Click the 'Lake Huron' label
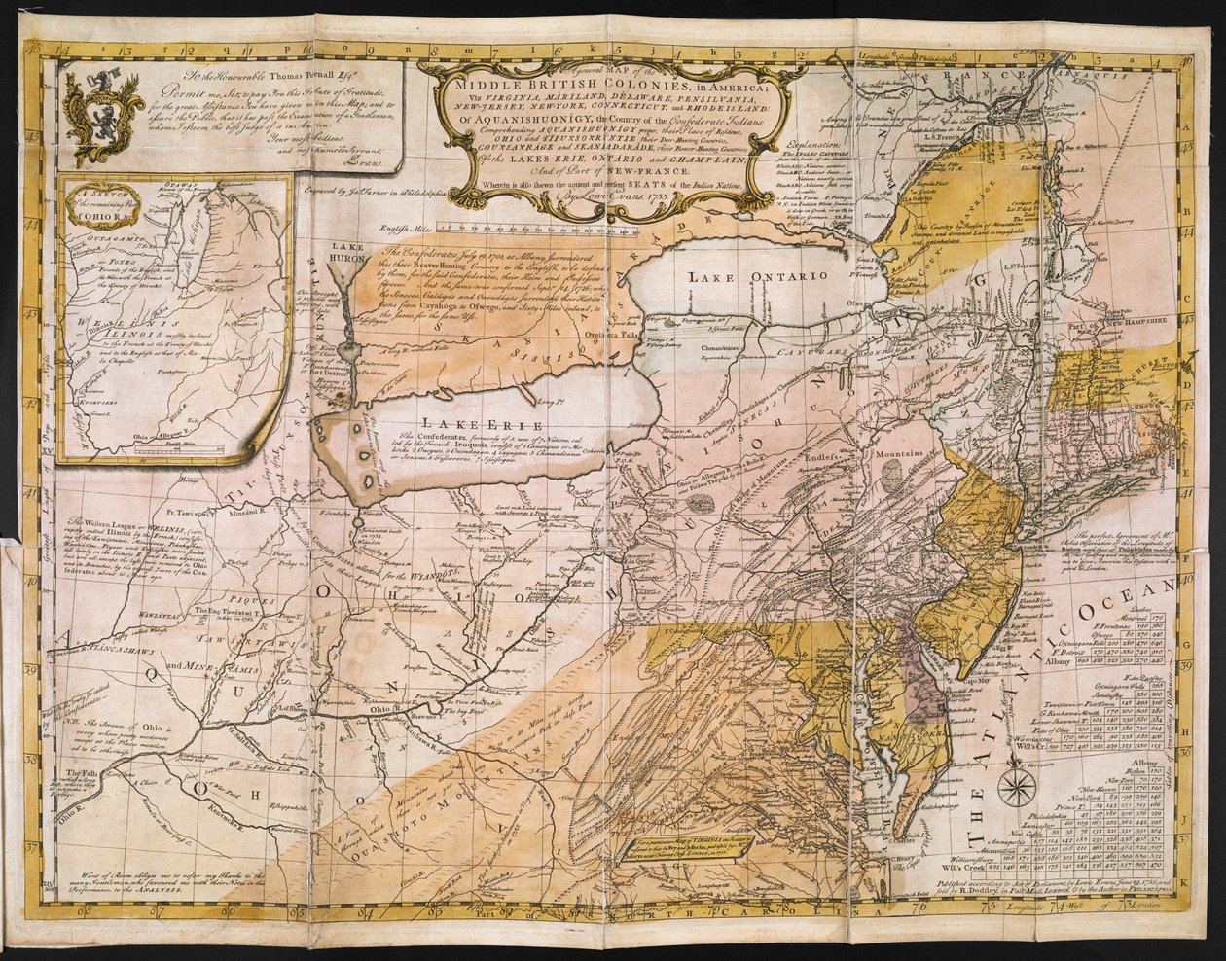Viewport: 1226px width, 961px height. [x=347, y=254]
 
